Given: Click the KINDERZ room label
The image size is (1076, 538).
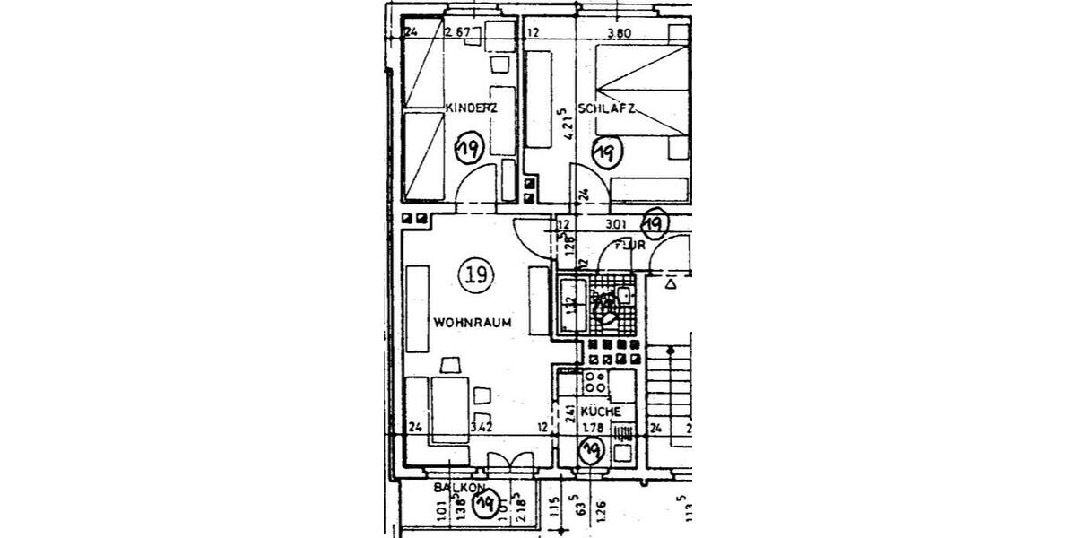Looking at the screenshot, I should (471, 108).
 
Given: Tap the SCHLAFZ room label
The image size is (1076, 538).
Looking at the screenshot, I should (606, 108).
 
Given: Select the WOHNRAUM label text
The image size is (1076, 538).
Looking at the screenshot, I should (473, 322).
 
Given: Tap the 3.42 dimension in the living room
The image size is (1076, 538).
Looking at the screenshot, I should (482, 428).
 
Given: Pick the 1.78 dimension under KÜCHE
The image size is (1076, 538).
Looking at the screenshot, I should (592, 428).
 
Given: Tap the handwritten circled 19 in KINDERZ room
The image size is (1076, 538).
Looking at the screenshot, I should (468, 147).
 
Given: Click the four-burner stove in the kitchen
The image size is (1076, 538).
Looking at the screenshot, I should (594, 383).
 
